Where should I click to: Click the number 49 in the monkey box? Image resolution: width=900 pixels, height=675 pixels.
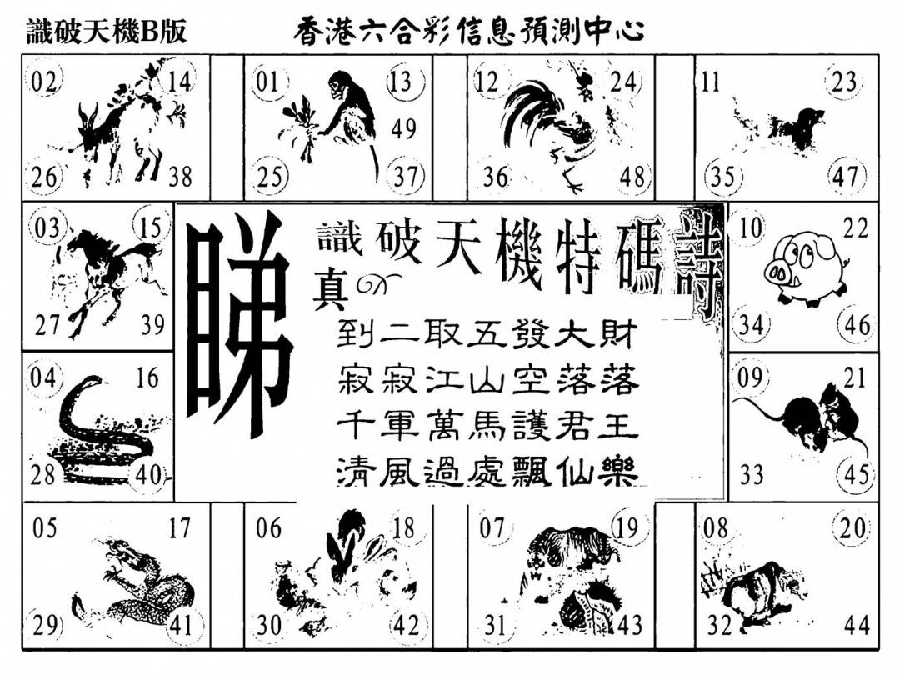[x=403, y=128]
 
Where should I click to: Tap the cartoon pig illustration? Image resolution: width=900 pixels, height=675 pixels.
[x=805, y=267]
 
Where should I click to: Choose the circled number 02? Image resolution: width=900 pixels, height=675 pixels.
[x=44, y=82]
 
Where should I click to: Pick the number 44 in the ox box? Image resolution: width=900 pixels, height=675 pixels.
[x=857, y=624]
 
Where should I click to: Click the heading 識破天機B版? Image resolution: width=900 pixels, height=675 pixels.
[x=107, y=32]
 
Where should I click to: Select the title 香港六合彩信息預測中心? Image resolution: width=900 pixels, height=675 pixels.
[x=468, y=32]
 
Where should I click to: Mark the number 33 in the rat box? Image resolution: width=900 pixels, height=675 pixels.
[x=752, y=475]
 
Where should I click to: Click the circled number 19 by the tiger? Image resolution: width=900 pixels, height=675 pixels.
[x=628, y=527]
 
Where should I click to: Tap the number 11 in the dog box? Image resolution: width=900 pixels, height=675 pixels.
[x=711, y=82]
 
